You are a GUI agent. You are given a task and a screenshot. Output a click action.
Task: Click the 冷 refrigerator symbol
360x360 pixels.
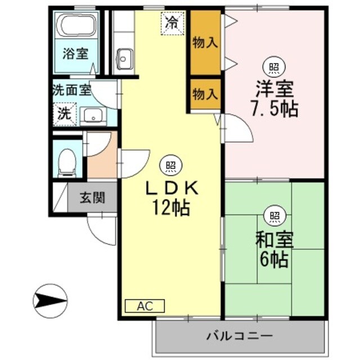pos(173,23)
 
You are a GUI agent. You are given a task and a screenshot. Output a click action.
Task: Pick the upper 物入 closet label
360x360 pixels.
pos(205,43)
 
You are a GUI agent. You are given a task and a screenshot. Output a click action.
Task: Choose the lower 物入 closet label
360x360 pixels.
pos(205,94)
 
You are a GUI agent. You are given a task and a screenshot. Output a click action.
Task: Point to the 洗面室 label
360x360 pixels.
pos(71,89)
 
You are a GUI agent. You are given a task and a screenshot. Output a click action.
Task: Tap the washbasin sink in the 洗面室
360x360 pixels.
pos(91,116)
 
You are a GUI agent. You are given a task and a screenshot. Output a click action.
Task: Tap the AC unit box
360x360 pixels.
pos(145,306)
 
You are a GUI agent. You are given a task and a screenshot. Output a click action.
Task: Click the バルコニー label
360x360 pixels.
pos(239,336)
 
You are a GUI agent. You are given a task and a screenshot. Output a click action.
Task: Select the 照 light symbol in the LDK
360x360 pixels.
pos(171,166)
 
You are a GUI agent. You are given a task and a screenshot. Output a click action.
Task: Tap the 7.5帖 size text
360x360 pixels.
pos(274,109)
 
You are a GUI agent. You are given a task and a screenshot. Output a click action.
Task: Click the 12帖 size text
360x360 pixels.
pos(169,209)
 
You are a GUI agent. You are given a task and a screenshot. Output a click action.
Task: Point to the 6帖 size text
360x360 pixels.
pos(274,259)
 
